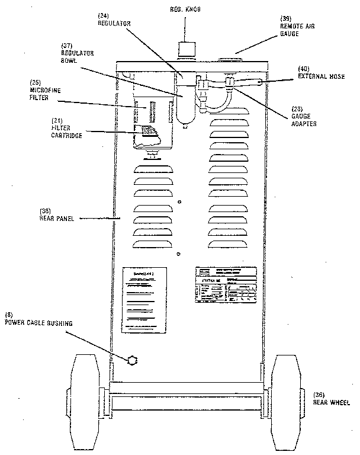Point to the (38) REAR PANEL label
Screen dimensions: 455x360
coord(55,214)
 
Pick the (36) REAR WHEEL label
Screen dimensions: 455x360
coord(330,398)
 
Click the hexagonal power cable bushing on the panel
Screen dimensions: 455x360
coord(131,360)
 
